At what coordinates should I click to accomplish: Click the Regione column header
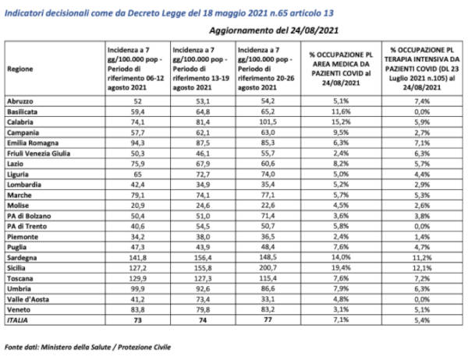coord(20,69)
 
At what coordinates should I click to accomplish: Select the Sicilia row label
coord(16,268)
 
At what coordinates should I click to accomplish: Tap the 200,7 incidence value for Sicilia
coord(268,268)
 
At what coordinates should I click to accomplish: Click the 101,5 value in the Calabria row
coord(268,122)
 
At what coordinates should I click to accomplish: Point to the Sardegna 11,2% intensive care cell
coord(422,257)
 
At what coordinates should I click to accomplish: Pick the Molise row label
coord(18,206)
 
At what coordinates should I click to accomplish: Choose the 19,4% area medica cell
coord(341,268)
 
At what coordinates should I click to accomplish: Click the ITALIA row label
coord(17,320)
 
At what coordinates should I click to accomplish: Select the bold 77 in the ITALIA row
coord(268,319)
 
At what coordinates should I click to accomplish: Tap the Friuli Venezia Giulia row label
coord(38,154)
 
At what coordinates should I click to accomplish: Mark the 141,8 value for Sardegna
coord(137,257)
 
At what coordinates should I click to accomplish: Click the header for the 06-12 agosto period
coord(136,69)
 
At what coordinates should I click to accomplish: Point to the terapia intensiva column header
coord(422,69)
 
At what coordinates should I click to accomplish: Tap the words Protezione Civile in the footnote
coord(144,347)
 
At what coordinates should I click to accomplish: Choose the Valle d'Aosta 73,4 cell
coord(203,299)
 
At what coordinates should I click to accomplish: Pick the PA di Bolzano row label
coord(29,216)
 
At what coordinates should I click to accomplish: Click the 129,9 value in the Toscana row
coord(137,278)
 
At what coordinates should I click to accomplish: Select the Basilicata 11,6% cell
coord(341,112)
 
